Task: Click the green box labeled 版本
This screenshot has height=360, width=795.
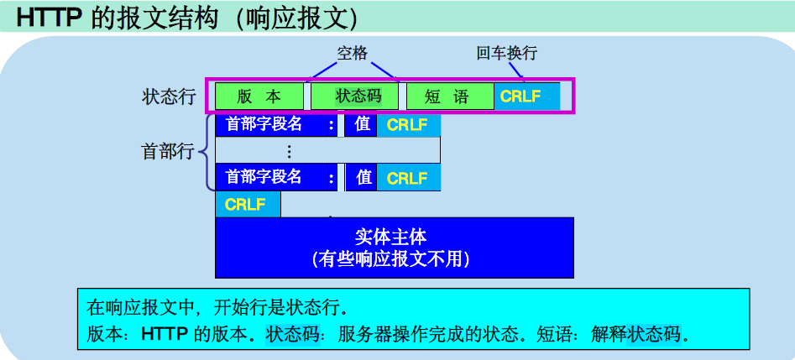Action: point(260,96)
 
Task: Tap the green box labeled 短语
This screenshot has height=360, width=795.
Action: point(449,96)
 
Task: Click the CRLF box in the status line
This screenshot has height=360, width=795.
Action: point(526,96)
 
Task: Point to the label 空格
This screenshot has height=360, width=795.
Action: point(353,53)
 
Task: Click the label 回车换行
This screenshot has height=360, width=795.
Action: point(506,53)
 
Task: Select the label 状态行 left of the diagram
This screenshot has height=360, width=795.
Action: point(169,97)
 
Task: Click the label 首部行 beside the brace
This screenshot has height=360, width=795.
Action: point(167,151)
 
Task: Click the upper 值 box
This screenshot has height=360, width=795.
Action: point(362,125)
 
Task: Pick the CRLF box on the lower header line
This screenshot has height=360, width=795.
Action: point(408,178)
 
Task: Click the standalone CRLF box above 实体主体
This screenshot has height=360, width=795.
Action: point(247,205)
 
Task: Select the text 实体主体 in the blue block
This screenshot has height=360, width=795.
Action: point(390,236)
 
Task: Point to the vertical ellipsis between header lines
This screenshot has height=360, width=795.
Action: point(290,152)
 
